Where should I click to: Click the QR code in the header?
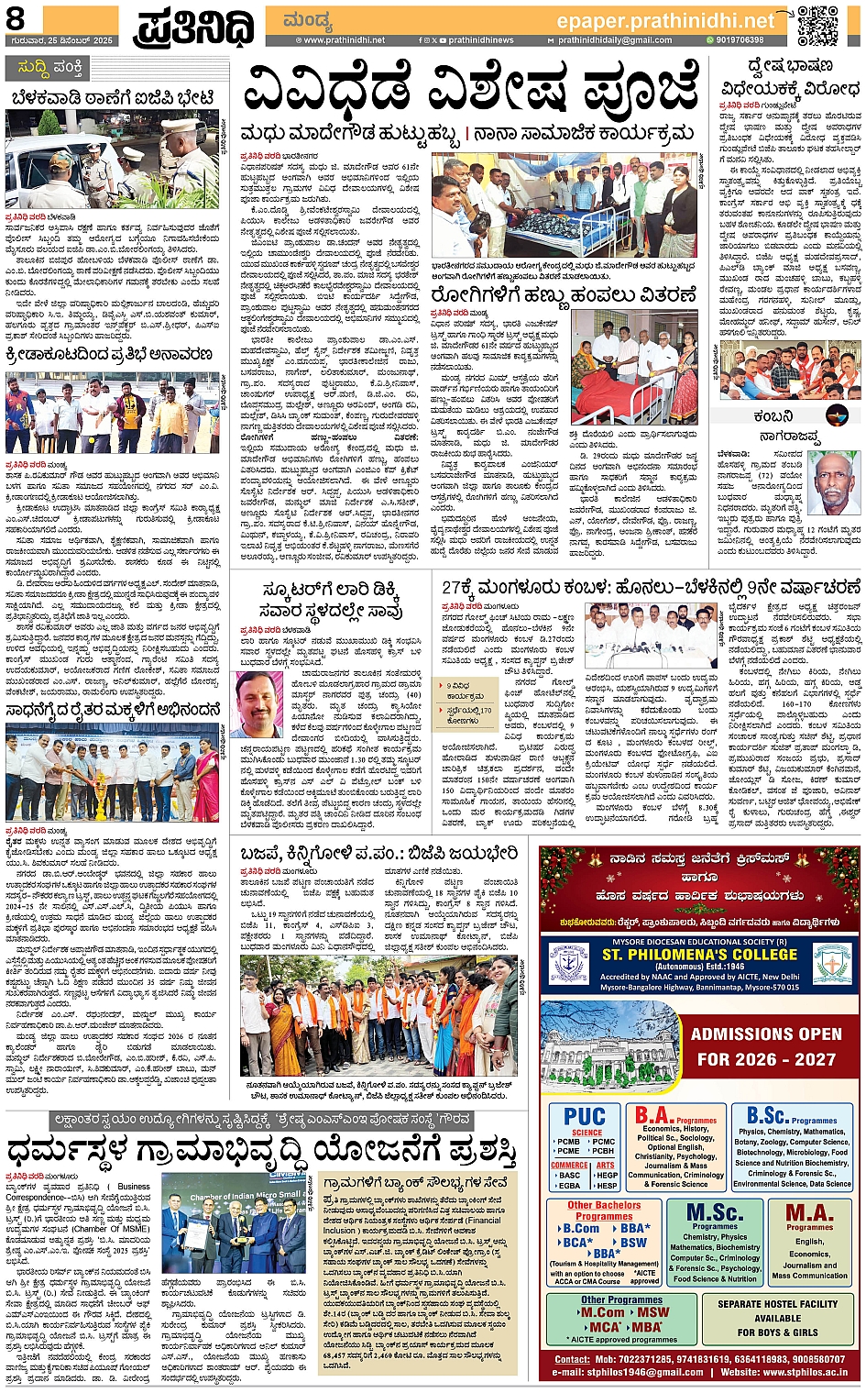pyautogui.click(x=817, y=26)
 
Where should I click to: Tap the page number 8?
pyautogui.click(x=16, y=17)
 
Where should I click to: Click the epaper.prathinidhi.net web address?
pyautogui.click(x=665, y=20)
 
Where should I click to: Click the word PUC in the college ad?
pyautogui.click(x=585, y=1116)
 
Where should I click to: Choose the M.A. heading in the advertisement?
pyautogui.click(x=809, y=1213)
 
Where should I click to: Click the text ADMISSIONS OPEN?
pyautogui.click(x=765, y=1034)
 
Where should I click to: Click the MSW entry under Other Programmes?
pyautogui.click(x=652, y=1312)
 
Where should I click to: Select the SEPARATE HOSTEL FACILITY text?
pyautogui.click(x=777, y=1303)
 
